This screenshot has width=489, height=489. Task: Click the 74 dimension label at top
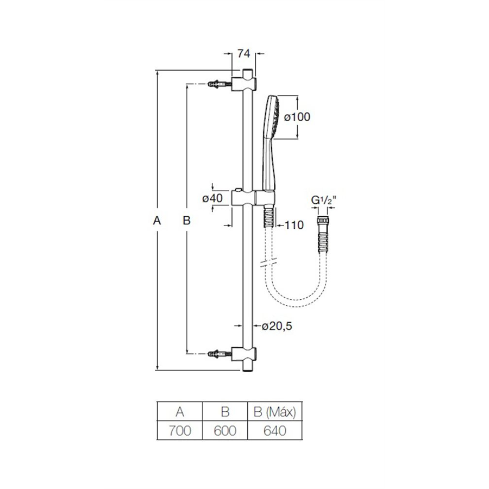[x=244, y=54]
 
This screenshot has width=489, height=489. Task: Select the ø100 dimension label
[x=297, y=117]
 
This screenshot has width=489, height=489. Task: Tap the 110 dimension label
[x=294, y=225]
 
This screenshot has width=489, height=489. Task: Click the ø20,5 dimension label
[x=277, y=326]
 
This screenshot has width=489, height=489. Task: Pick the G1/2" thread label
[x=323, y=200]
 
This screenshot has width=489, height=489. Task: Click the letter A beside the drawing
[x=157, y=221]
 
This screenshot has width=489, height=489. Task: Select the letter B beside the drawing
[x=186, y=221]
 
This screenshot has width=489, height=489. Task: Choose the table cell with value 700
[x=180, y=431]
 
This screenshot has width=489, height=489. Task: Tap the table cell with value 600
[x=225, y=431]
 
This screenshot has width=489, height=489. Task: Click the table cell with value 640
[x=275, y=431]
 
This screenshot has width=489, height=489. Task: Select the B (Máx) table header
[x=275, y=412]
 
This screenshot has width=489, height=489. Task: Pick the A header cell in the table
[x=180, y=412]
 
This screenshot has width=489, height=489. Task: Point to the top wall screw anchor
[x=220, y=84]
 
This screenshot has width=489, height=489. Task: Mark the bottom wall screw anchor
[x=220, y=353]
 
